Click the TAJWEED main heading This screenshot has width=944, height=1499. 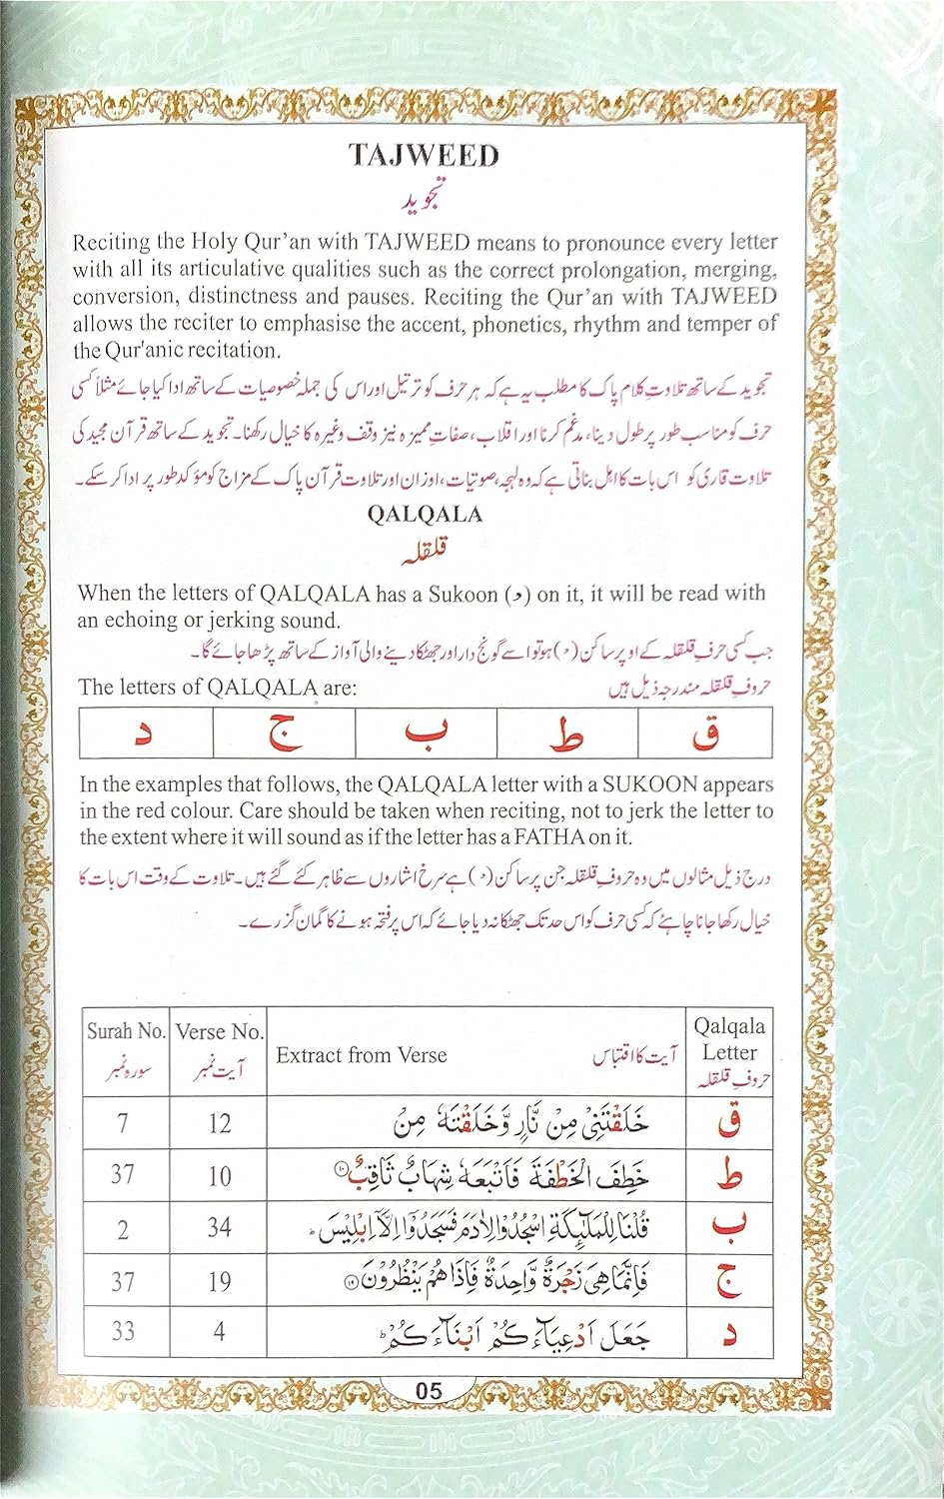(x=424, y=155)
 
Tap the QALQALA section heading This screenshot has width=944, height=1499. (x=424, y=515)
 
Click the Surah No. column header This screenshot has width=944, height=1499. (x=125, y=1031)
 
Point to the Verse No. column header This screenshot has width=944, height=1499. (x=219, y=1031)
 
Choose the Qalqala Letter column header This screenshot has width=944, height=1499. (x=729, y=1039)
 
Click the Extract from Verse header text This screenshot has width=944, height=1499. (x=362, y=1055)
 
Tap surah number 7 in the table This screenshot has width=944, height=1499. (x=123, y=1123)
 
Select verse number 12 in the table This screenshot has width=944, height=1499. (x=219, y=1123)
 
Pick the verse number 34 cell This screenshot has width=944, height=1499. (x=219, y=1227)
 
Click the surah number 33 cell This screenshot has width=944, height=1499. (x=123, y=1331)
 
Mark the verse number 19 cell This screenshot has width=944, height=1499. (x=219, y=1280)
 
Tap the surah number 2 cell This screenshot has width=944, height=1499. (x=123, y=1228)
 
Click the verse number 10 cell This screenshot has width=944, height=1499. (x=219, y=1175)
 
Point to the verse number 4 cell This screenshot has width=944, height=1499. (x=219, y=1331)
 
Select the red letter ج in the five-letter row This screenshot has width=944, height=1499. (x=284, y=736)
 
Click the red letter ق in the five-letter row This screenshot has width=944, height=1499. (x=705, y=736)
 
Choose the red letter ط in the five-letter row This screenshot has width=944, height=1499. (x=566, y=736)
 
